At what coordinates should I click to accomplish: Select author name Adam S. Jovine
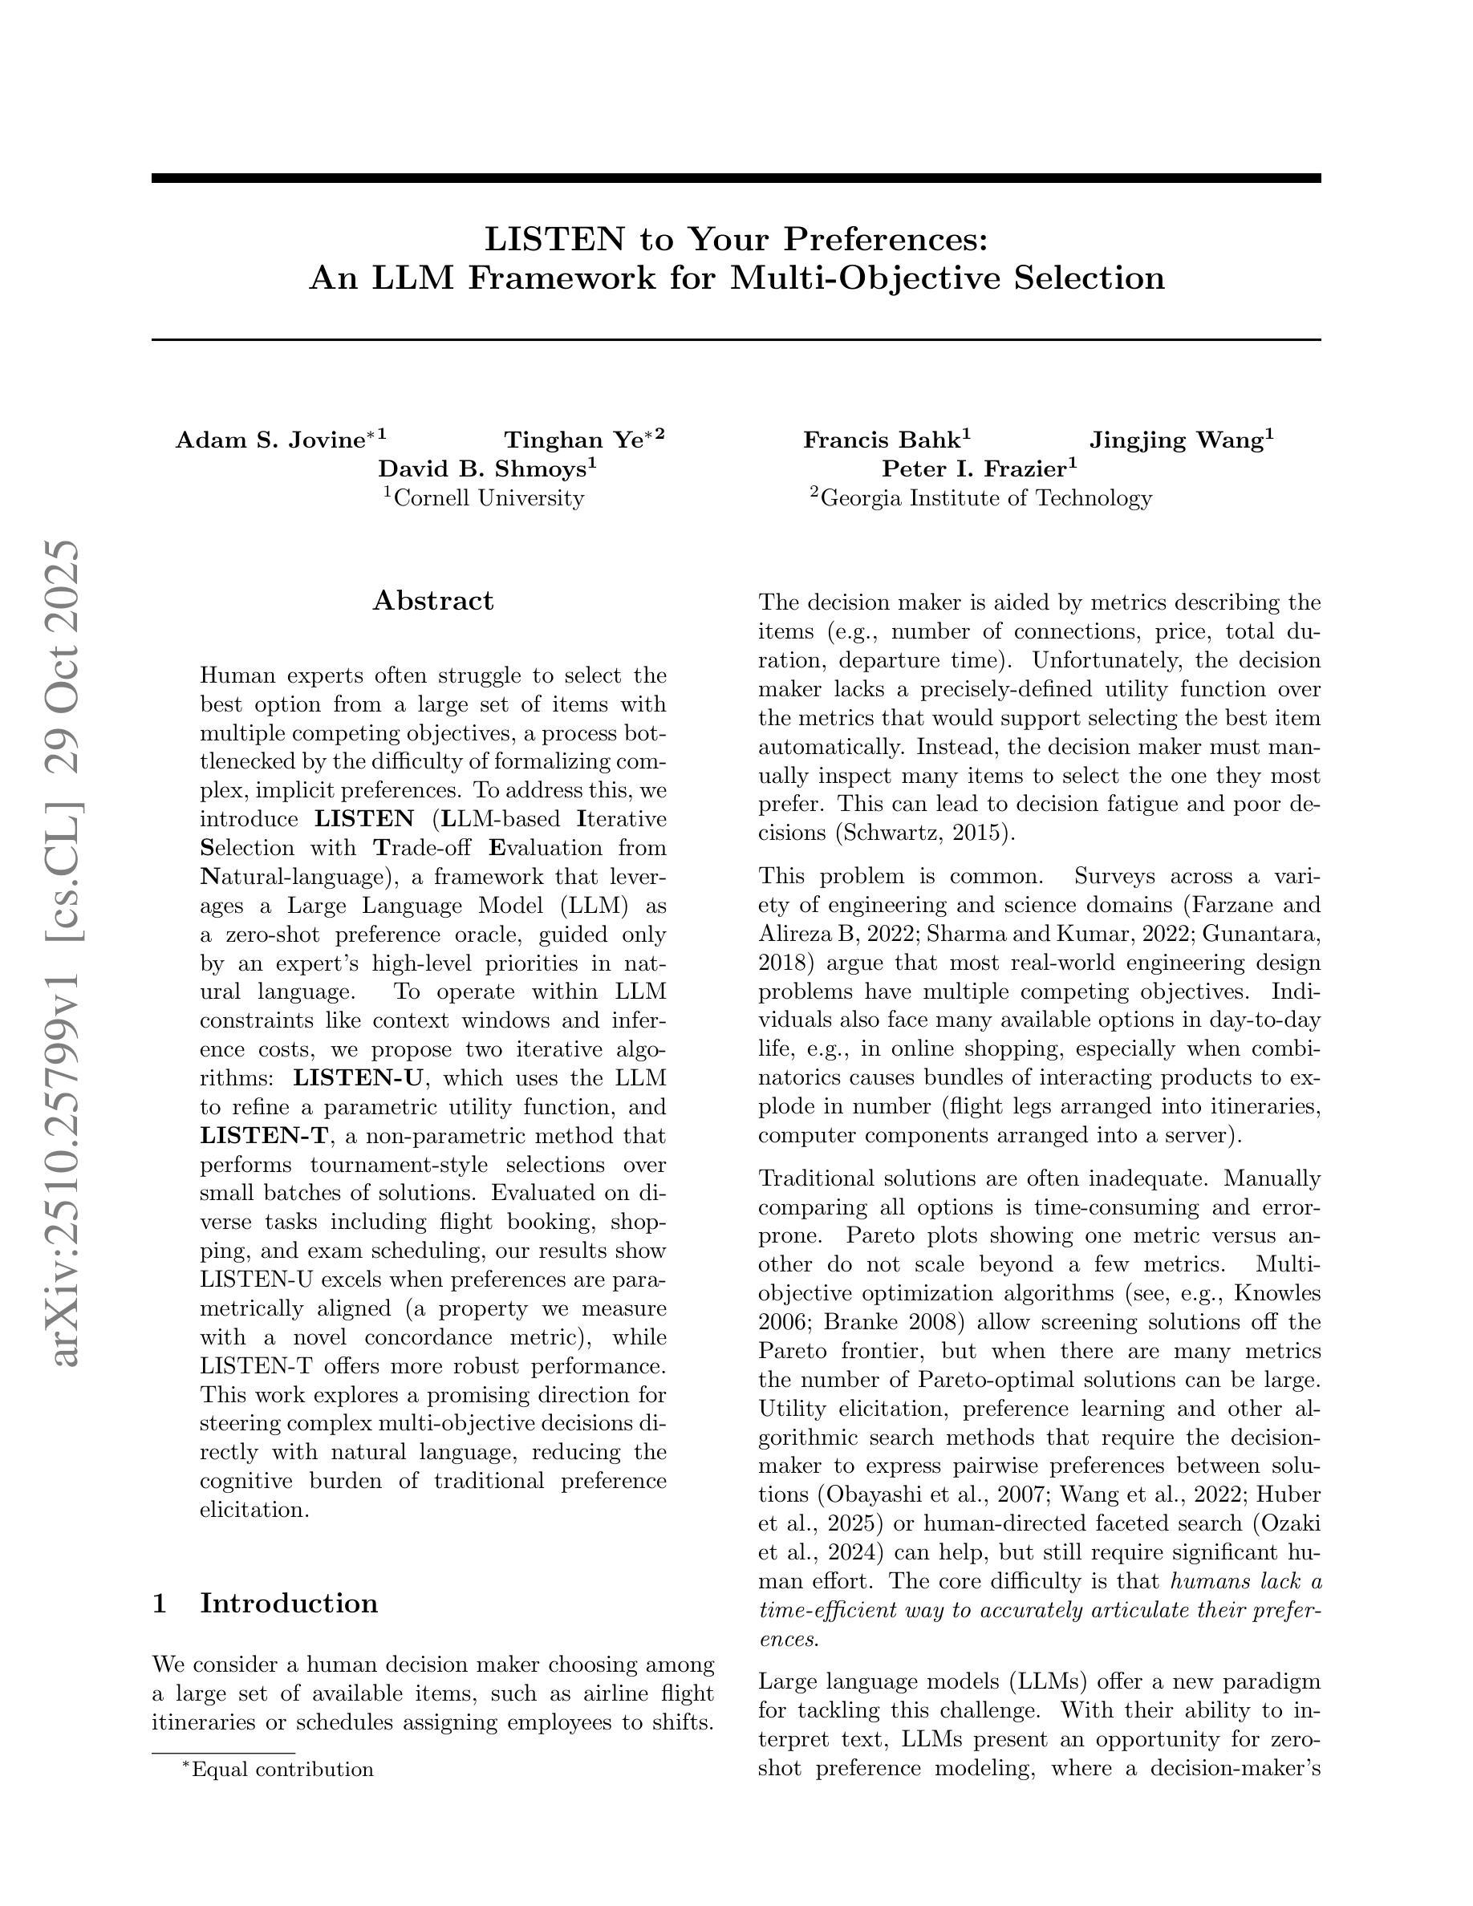pyautogui.click(x=270, y=440)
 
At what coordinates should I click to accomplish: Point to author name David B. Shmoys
pyautogui.click(x=481, y=469)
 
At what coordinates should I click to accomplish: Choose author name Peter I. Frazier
pyautogui.click(x=973, y=469)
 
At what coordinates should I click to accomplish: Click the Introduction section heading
pyautogui.click(x=289, y=1603)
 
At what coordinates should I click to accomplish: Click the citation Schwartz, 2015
pyautogui.click(x=925, y=833)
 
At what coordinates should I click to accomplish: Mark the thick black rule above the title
pyautogui.click(x=736, y=178)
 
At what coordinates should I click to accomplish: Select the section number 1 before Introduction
pyautogui.click(x=160, y=1603)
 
